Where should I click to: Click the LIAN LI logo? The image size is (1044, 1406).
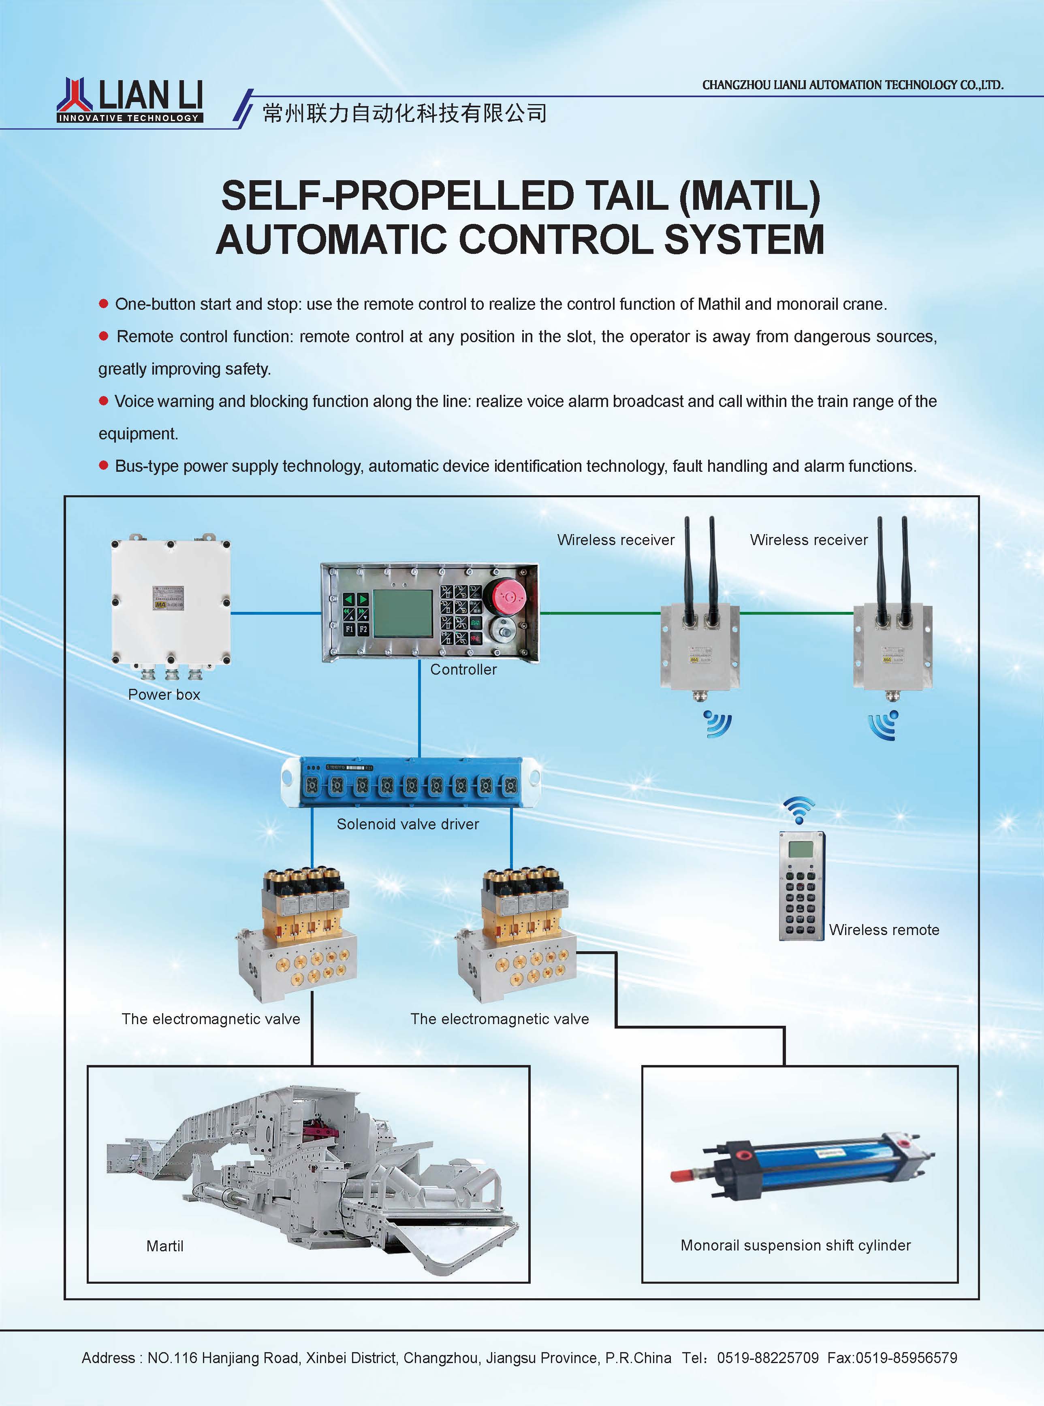pos(130,100)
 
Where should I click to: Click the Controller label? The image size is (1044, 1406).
pos(463,669)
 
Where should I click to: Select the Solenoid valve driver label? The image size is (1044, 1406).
pos(408,824)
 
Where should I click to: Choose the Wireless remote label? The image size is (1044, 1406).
pos(884,930)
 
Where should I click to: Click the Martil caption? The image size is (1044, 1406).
pos(164,1246)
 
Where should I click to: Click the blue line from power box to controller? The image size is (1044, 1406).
pos(275,613)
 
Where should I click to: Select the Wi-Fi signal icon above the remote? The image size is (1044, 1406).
pos(799,810)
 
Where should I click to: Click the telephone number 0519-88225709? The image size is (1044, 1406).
pos(767,1357)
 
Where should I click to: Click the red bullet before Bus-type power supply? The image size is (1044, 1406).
pos(104,466)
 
